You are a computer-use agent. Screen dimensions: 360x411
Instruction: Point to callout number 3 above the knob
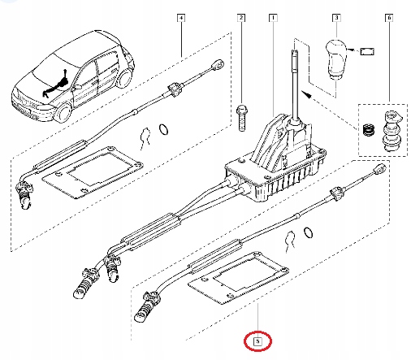(x=336, y=17)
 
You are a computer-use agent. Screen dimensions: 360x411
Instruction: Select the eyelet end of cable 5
(x=379, y=170)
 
